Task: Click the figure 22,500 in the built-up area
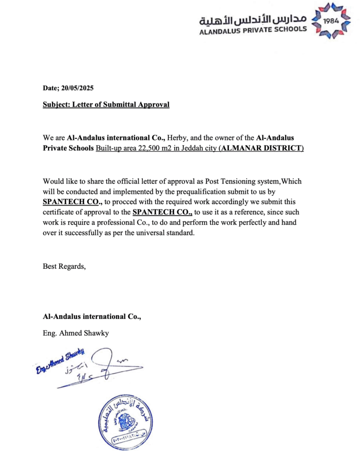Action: click(147, 148)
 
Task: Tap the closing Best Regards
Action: click(64, 266)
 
